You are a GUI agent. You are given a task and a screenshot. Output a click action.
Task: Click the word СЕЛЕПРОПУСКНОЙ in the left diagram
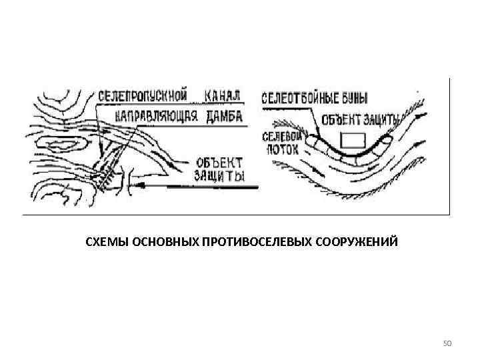[142, 95]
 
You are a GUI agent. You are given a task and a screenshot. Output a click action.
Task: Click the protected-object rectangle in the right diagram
[352, 140]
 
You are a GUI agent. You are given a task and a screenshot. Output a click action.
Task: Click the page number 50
[447, 343]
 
